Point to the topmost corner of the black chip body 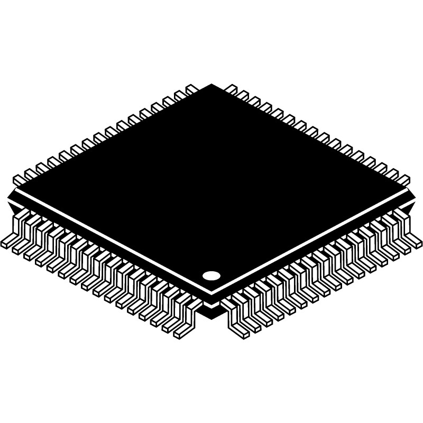212,85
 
